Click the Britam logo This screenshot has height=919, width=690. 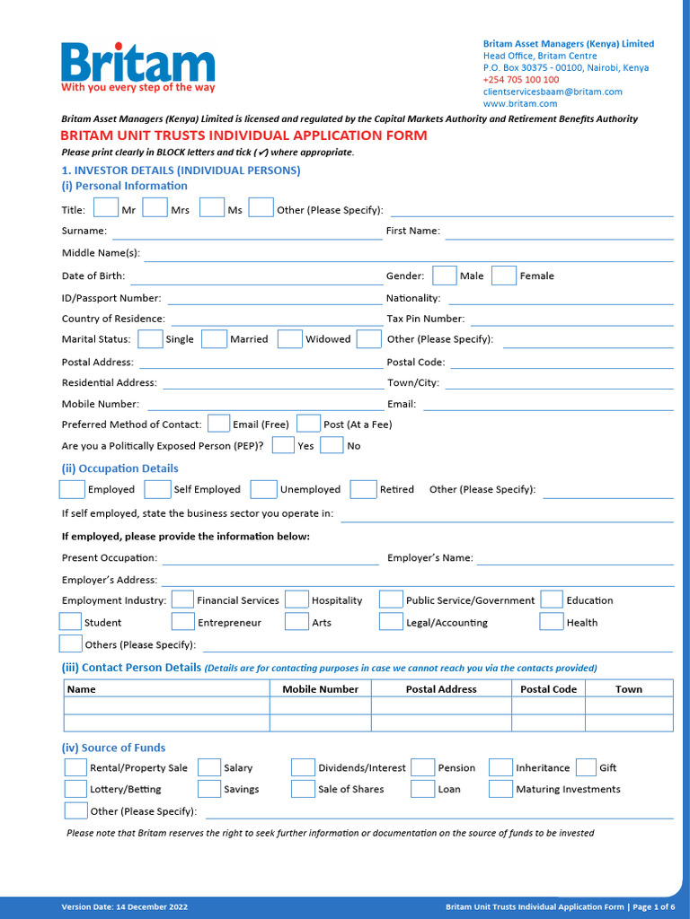pos(137,66)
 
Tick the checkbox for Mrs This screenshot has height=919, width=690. pos(155,208)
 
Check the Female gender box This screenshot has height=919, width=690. pos(504,276)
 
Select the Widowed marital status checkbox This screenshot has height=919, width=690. pos(289,339)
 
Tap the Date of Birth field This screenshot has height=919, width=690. pos(256,277)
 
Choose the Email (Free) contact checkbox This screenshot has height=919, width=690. pos(218,424)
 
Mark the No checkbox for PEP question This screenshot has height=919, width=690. pos(332,445)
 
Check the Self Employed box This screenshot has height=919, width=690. pos(157,489)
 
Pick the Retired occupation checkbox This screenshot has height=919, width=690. pos(363,489)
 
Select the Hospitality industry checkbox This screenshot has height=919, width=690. pos(296,600)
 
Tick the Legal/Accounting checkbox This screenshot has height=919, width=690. pos(391,622)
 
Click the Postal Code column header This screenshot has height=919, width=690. pos(548,689)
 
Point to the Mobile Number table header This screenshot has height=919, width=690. pos(320,689)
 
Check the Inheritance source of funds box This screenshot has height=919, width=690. pos(500,767)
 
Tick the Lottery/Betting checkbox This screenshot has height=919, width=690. pos(75,789)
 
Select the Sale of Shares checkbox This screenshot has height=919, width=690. pos(303,789)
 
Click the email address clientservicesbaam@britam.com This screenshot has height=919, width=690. pos(553,92)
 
